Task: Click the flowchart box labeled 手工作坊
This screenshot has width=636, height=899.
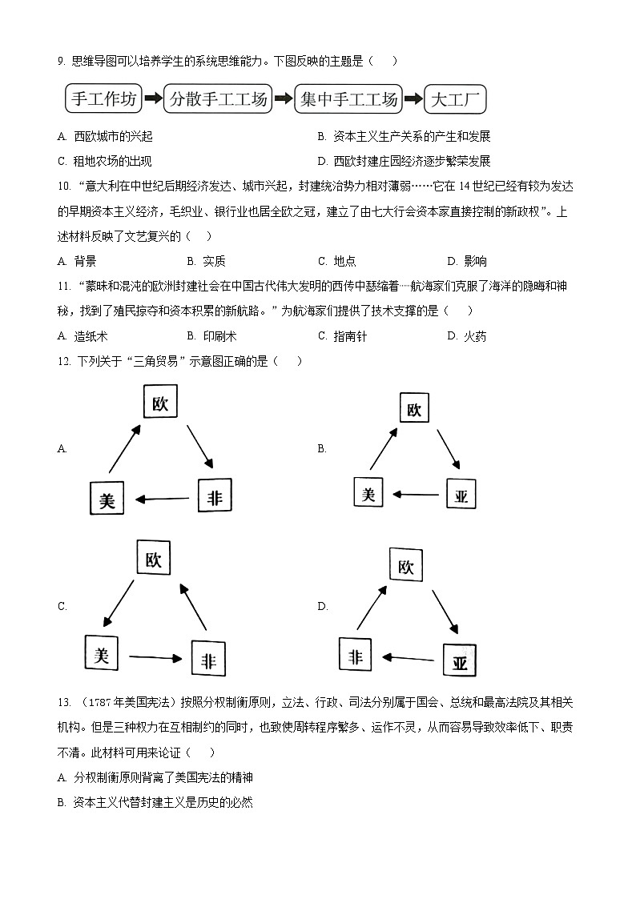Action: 105,99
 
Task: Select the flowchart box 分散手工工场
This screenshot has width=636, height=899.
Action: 217,99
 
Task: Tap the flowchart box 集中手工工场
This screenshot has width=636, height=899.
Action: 348,99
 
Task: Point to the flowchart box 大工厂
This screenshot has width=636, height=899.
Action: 454,100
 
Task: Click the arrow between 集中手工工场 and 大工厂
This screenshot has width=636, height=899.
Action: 412,100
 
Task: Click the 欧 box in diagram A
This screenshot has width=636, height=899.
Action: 160,403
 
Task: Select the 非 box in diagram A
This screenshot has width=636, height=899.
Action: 215,498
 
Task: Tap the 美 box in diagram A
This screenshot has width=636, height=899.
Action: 107,500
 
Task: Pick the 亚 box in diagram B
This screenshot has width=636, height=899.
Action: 461,496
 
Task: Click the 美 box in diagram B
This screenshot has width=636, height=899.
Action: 368,493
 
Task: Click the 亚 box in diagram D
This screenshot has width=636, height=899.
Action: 460,662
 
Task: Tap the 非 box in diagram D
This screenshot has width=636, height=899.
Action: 356,656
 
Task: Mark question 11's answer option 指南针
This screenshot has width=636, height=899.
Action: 350,336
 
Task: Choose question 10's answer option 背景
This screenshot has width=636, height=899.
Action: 85,261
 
